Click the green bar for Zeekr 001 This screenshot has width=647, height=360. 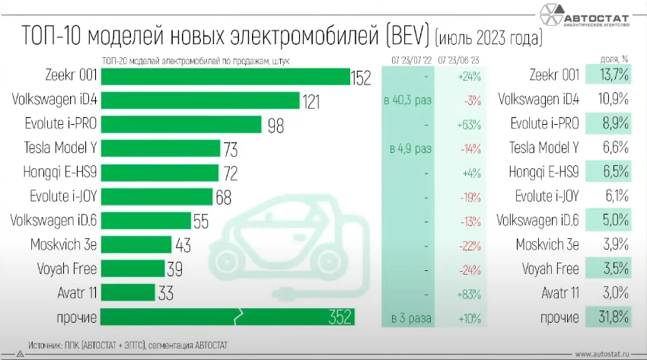tap(225, 76)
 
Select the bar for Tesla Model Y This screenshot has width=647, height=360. tap(161, 148)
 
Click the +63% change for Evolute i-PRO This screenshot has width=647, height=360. tap(467, 124)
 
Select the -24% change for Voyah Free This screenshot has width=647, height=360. tap(467, 269)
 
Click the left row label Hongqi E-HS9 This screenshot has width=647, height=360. tap(59, 172)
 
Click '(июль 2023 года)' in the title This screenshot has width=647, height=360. tap(488, 37)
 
